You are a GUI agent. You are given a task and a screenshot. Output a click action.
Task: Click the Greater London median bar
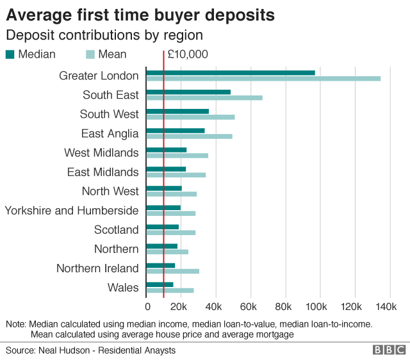[231, 72]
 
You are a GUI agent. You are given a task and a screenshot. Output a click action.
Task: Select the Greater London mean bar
[263, 79]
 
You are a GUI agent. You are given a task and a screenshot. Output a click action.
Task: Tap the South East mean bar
[204, 98]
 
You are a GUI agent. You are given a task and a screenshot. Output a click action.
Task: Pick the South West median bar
[177, 111]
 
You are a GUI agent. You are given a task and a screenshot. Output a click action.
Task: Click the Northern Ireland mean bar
[173, 271]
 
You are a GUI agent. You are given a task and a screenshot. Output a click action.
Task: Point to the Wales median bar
[160, 284]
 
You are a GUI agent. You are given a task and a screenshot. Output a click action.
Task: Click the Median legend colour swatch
[10, 54]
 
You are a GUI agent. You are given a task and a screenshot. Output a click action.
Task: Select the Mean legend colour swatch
[90, 54]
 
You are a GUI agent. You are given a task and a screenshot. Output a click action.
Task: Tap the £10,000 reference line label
[187, 54]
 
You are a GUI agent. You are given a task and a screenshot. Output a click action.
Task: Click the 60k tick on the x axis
[249, 306]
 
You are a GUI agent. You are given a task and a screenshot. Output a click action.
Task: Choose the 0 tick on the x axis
[147, 306]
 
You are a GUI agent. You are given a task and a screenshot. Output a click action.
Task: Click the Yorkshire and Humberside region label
[72, 210]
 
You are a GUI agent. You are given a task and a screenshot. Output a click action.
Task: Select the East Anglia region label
[110, 133]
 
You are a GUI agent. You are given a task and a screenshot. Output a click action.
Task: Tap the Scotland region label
[116, 229]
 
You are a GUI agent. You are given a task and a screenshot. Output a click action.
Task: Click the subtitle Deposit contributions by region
[104, 35]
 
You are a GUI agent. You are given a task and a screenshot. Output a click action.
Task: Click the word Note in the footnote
[15, 324]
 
